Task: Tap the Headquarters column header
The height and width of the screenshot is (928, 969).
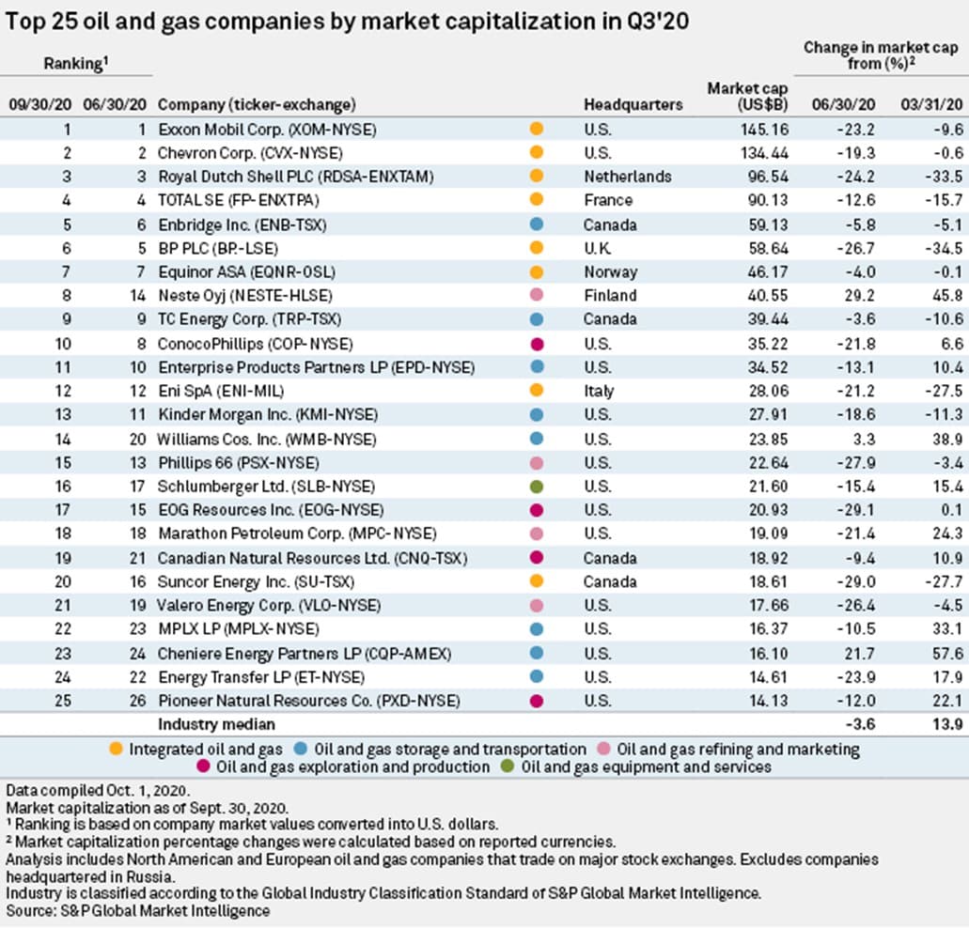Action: pyautogui.click(x=633, y=104)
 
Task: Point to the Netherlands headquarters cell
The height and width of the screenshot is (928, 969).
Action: pyautogui.click(x=627, y=177)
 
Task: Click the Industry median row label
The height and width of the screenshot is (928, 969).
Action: pyautogui.click(x=215, y=725)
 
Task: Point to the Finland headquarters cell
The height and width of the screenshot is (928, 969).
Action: pyautogui.click(x=611, y=296)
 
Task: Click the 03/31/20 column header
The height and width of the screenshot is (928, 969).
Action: pyautogui.click(x=932, y=104)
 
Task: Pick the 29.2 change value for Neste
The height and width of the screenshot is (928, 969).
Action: pyautogui.click(x=859, y=296)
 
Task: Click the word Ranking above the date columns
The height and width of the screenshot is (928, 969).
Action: pyautogui.click(x=71, y=64)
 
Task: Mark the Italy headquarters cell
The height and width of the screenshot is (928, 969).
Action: pyautogui.click(x=599, y=391)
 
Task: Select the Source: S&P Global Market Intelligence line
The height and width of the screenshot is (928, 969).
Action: pyautogui.click(x=138, y=910)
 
